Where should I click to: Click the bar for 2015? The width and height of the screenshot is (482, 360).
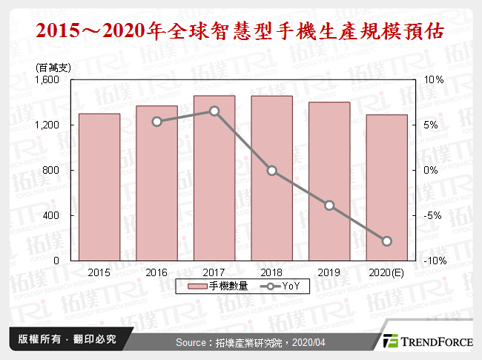[x=99, y=187]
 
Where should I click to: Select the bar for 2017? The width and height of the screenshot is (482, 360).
[x=214, y=178]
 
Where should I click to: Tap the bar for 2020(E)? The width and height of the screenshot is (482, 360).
[x=386, y=188]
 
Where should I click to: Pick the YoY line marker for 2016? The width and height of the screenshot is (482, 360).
[x=156, y=121]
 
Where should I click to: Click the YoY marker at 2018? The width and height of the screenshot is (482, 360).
[x=271, y=171]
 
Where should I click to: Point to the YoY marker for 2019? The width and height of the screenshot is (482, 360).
[x=329, y=206]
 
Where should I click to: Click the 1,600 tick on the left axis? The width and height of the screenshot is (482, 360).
[x=49, y=79]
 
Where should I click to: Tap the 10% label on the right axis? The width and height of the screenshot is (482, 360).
[x=433, y=79]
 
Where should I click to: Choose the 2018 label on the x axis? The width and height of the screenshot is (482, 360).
[x=271, y=272]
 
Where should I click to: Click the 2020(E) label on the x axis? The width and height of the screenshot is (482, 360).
[x=386, y=272]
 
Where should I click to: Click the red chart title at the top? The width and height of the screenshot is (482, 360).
[x=241, y=31]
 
